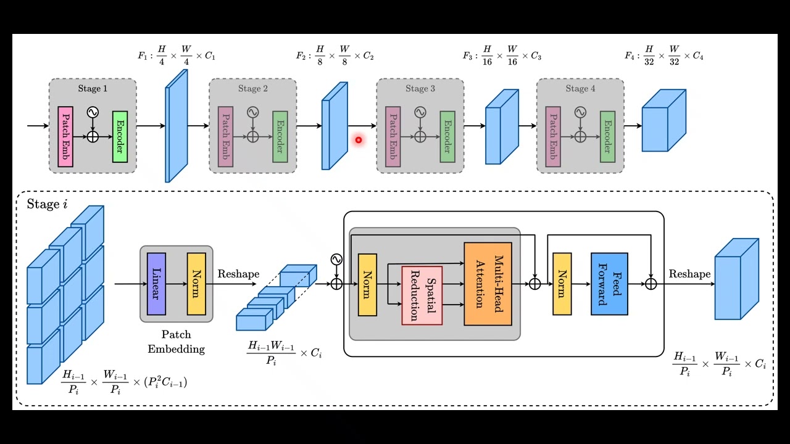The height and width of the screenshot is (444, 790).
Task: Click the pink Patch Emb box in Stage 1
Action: point(65,136)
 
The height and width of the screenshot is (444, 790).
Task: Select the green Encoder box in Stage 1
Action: point(120,137)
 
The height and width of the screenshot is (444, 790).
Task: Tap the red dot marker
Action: point(358,140)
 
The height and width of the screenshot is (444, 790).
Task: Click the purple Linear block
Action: point(156,284)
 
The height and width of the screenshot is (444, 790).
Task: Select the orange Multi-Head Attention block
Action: point(488,284)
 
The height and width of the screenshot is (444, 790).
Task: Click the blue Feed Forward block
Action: point(609,284)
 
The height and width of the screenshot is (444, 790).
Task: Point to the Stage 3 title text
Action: point(420,89)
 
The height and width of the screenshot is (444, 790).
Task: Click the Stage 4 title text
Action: point(580,89)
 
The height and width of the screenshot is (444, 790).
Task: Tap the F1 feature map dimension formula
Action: point(176,56)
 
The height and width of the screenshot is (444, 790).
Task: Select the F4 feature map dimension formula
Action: point(664,56)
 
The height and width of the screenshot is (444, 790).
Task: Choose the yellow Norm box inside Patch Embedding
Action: point(196,284)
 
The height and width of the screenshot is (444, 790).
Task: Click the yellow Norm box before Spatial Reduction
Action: point(367,284)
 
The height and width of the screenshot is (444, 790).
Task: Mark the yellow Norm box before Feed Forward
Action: point(562,284)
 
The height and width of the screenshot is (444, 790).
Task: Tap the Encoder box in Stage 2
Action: point(280,137)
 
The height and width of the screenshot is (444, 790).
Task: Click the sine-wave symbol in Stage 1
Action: point(93,112)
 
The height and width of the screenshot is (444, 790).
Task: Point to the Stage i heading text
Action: point(47,204)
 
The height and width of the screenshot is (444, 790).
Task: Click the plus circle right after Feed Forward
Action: point(651,284)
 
